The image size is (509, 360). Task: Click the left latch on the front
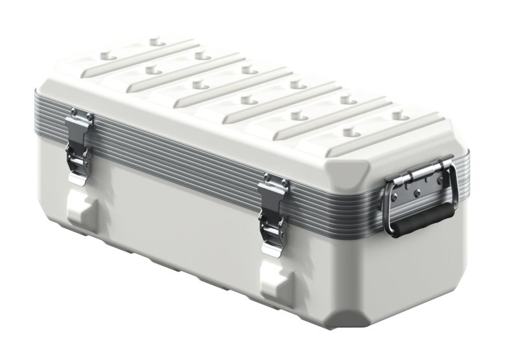click(79, 147)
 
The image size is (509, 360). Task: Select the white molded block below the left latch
click(81, 210)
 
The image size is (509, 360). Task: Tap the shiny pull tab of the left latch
click(78, 176)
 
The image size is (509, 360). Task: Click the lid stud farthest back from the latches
click(156, 42)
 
